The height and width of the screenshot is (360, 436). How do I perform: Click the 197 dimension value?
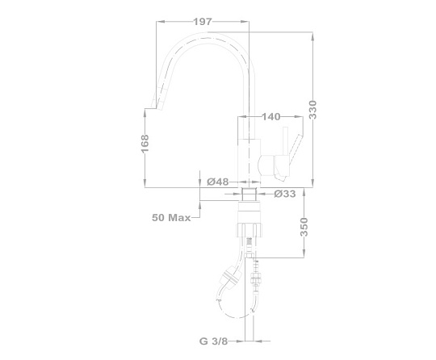203,22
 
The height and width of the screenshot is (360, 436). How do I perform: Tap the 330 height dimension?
312,110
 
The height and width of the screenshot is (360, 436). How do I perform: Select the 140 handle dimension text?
271,117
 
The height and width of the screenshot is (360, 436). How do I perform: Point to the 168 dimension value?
145,144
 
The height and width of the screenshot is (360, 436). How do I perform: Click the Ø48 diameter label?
218,182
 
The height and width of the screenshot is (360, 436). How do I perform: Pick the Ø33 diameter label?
285,194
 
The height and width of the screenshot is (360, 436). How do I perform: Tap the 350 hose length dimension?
304,227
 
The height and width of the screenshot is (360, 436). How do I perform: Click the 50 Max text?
171,218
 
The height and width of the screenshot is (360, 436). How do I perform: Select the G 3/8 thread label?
213,341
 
